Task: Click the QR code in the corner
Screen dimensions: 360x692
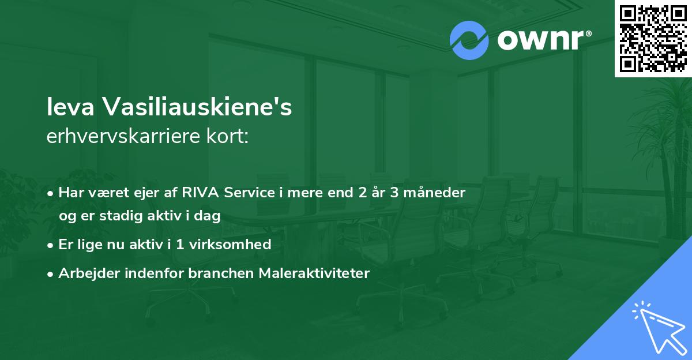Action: pos(653,38)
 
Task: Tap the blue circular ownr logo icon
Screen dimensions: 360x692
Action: pos(469,40)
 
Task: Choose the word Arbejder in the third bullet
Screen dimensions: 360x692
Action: pos(84,273)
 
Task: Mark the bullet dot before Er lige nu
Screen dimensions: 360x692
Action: pos(51,245)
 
